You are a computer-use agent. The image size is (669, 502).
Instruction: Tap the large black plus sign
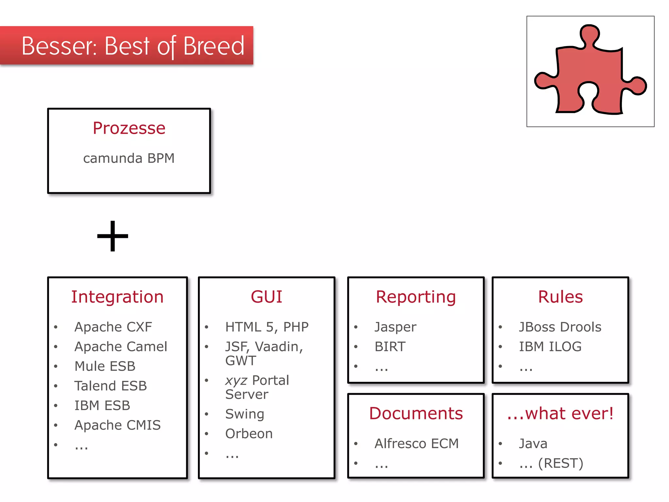pyautogui.click(x=113, y=236)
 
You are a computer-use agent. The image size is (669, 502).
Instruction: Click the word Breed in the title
pyautogui.click(x=214, y=46)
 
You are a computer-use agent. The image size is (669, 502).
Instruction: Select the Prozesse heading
pyautogui.click(x=129, y=128)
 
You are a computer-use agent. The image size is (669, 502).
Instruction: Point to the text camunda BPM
pyautogui.click(x=129, y=158)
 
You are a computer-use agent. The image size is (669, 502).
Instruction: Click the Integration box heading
pyautogui.click(x=117, y=297)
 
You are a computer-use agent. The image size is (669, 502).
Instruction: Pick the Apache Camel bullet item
pyautogui.click(x=121, y=346)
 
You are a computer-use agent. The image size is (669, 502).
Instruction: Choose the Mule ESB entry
pyautogui.click(x=105, y=366)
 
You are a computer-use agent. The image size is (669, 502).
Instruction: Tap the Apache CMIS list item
pyautogui.click(x=117, y=425)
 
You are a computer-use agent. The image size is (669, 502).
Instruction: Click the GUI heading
pyautogui.click(x=266, y=297)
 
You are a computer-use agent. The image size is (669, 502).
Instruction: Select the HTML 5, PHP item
pyautogui.click(x=267, y=327)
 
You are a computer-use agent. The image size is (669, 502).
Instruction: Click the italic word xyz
pyautogui.click(x=236, y=380)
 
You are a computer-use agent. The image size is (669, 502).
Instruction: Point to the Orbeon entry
pyautogui.click(x=249, y=434)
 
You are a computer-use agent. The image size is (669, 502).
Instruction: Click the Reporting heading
pyautogui.click(x=416, y=297)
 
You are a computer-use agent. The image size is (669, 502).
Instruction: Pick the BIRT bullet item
pyautogui.click(x=390, y=346)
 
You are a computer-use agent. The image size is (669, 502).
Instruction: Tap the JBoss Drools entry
pyautogui.click(x=560, y=327)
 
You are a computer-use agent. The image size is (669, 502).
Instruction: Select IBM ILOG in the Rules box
pyautogui.click(x=550, y=346)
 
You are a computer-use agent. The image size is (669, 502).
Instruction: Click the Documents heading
pyautogui.click(x=416, y=413)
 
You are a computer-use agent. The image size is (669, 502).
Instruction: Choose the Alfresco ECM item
pyautogui.click(x=416, y=443)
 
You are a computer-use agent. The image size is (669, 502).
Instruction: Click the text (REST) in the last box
pyautogui.click(x=561, y=463)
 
